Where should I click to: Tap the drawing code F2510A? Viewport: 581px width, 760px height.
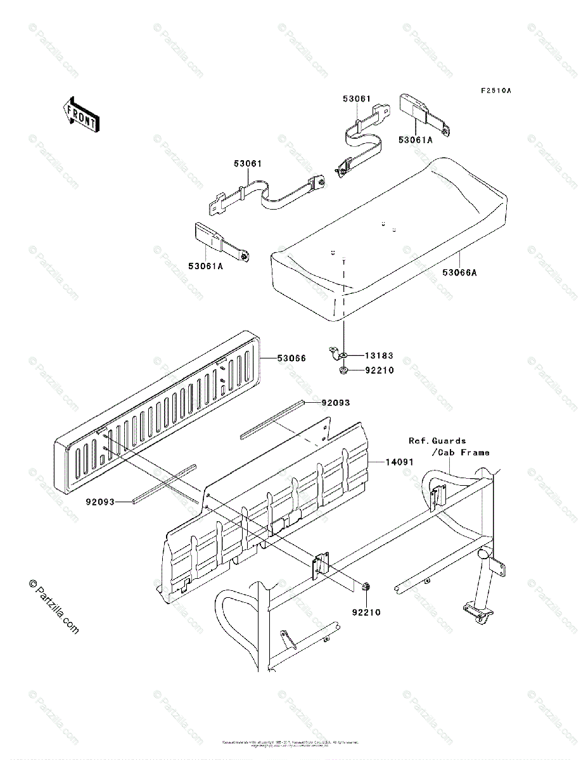point(495,91)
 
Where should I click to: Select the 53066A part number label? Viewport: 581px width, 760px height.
point(460,273)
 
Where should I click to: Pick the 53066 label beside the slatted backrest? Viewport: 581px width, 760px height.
point(291,358)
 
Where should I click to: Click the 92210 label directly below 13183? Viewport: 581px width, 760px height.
point(380,370)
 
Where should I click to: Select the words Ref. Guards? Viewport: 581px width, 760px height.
point(437,441)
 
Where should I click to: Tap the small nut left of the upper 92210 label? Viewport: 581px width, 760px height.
point(343,370)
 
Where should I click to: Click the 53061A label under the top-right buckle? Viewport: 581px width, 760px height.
point(416,140)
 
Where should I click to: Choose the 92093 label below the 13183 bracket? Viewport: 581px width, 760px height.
point(336,402)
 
